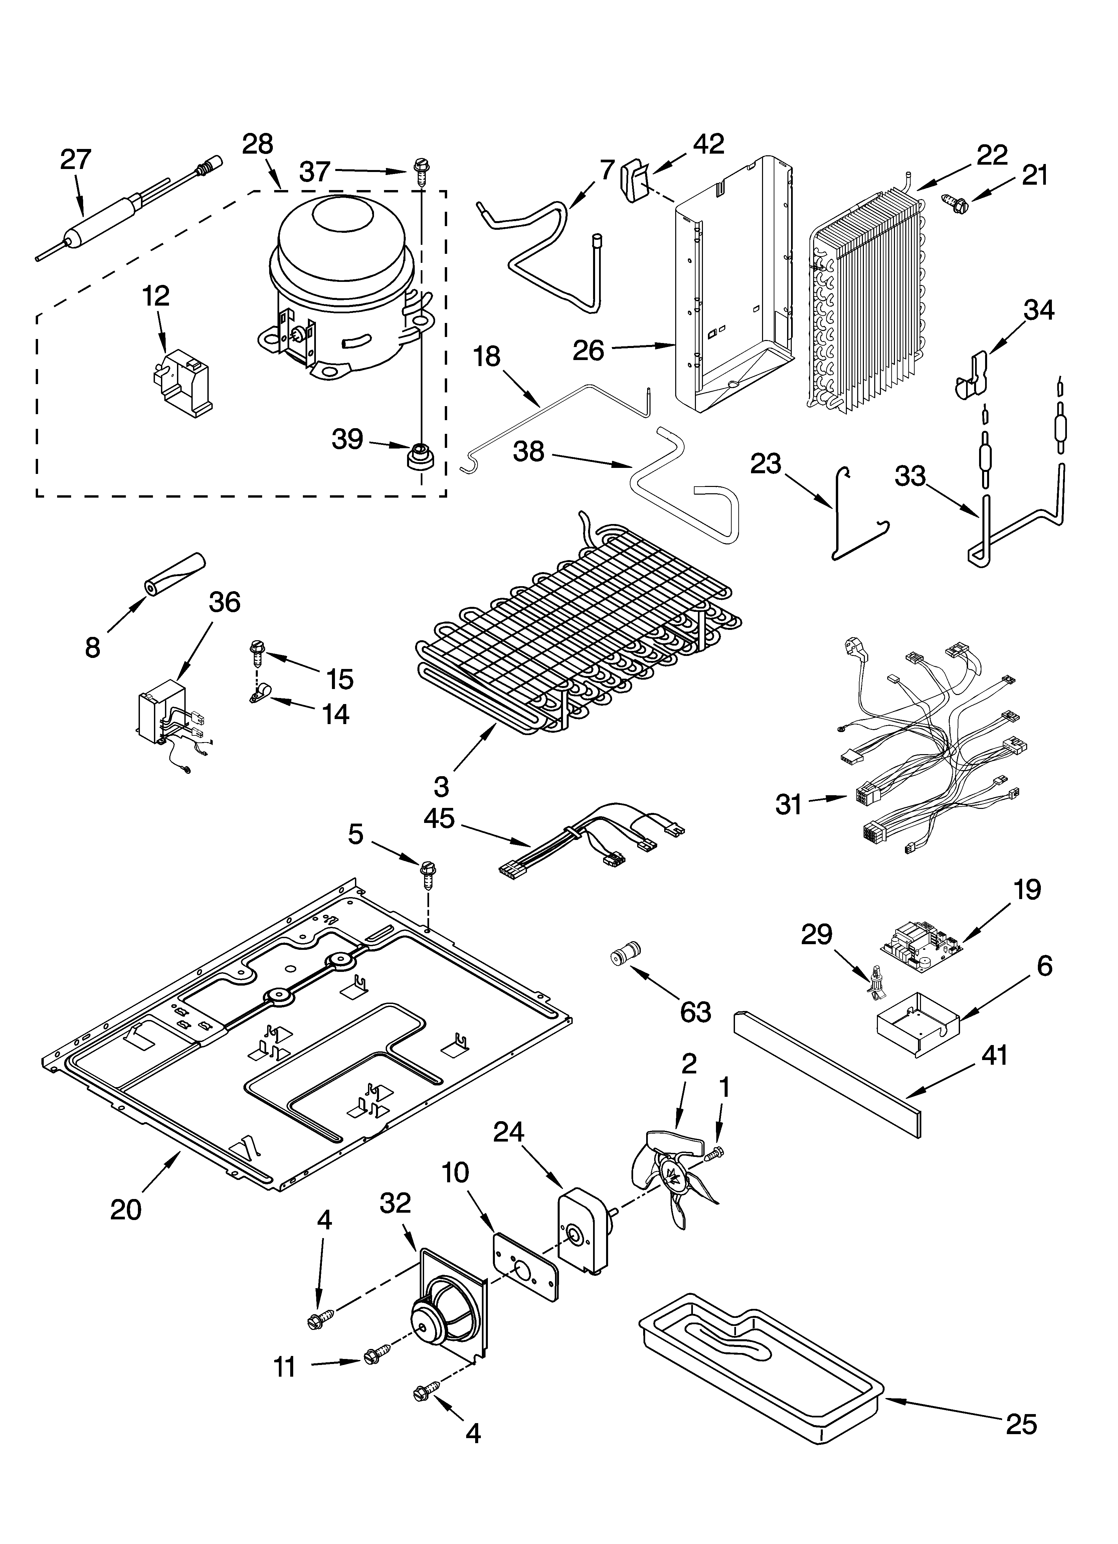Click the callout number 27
click(x=75, y=159)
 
